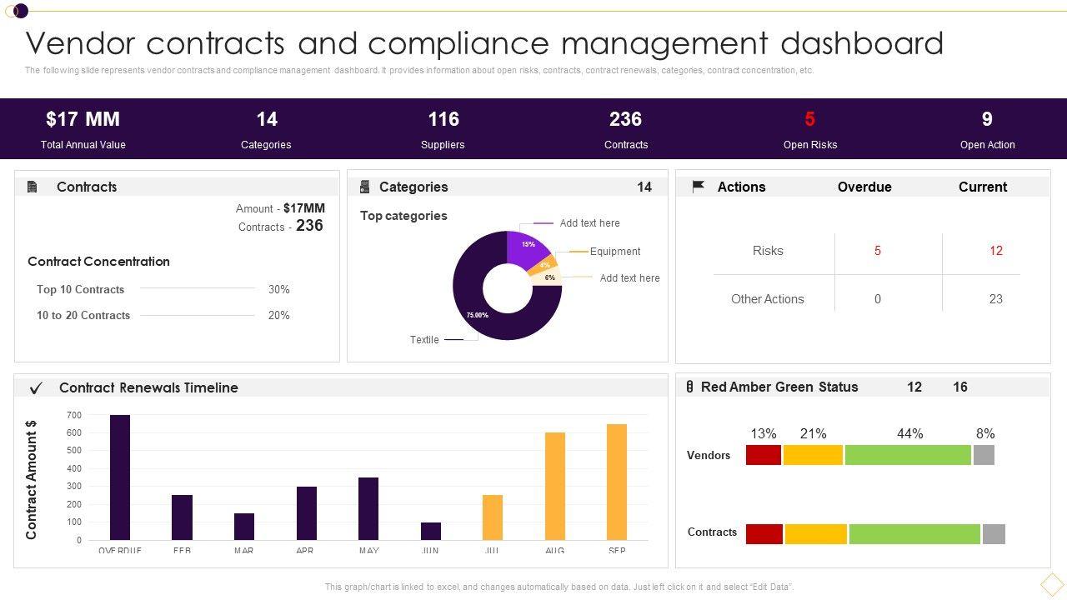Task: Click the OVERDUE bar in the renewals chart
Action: coord(120,477)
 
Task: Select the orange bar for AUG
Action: coord(555,486)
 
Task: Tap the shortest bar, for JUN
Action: coord(431,531)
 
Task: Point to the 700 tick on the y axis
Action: coord(74,415)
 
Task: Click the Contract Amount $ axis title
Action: coord(32,480)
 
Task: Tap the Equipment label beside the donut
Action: coord(615,252)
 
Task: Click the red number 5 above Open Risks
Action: coord(809,119)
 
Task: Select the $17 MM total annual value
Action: coord(83,119)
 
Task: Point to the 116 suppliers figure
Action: coord(443,119)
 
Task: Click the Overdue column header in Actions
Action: coord(864,187)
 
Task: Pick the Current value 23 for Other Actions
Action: coord(995,299)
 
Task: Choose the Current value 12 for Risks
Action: coord(995,251)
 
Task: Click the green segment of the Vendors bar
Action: coord(908,455)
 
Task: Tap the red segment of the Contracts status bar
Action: coord(764,534)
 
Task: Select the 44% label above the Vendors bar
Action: coord(910,433)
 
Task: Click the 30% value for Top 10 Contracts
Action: coord(278,289)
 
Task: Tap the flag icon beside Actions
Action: coord(699,187)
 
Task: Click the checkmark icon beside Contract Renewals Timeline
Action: coord(36,388)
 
